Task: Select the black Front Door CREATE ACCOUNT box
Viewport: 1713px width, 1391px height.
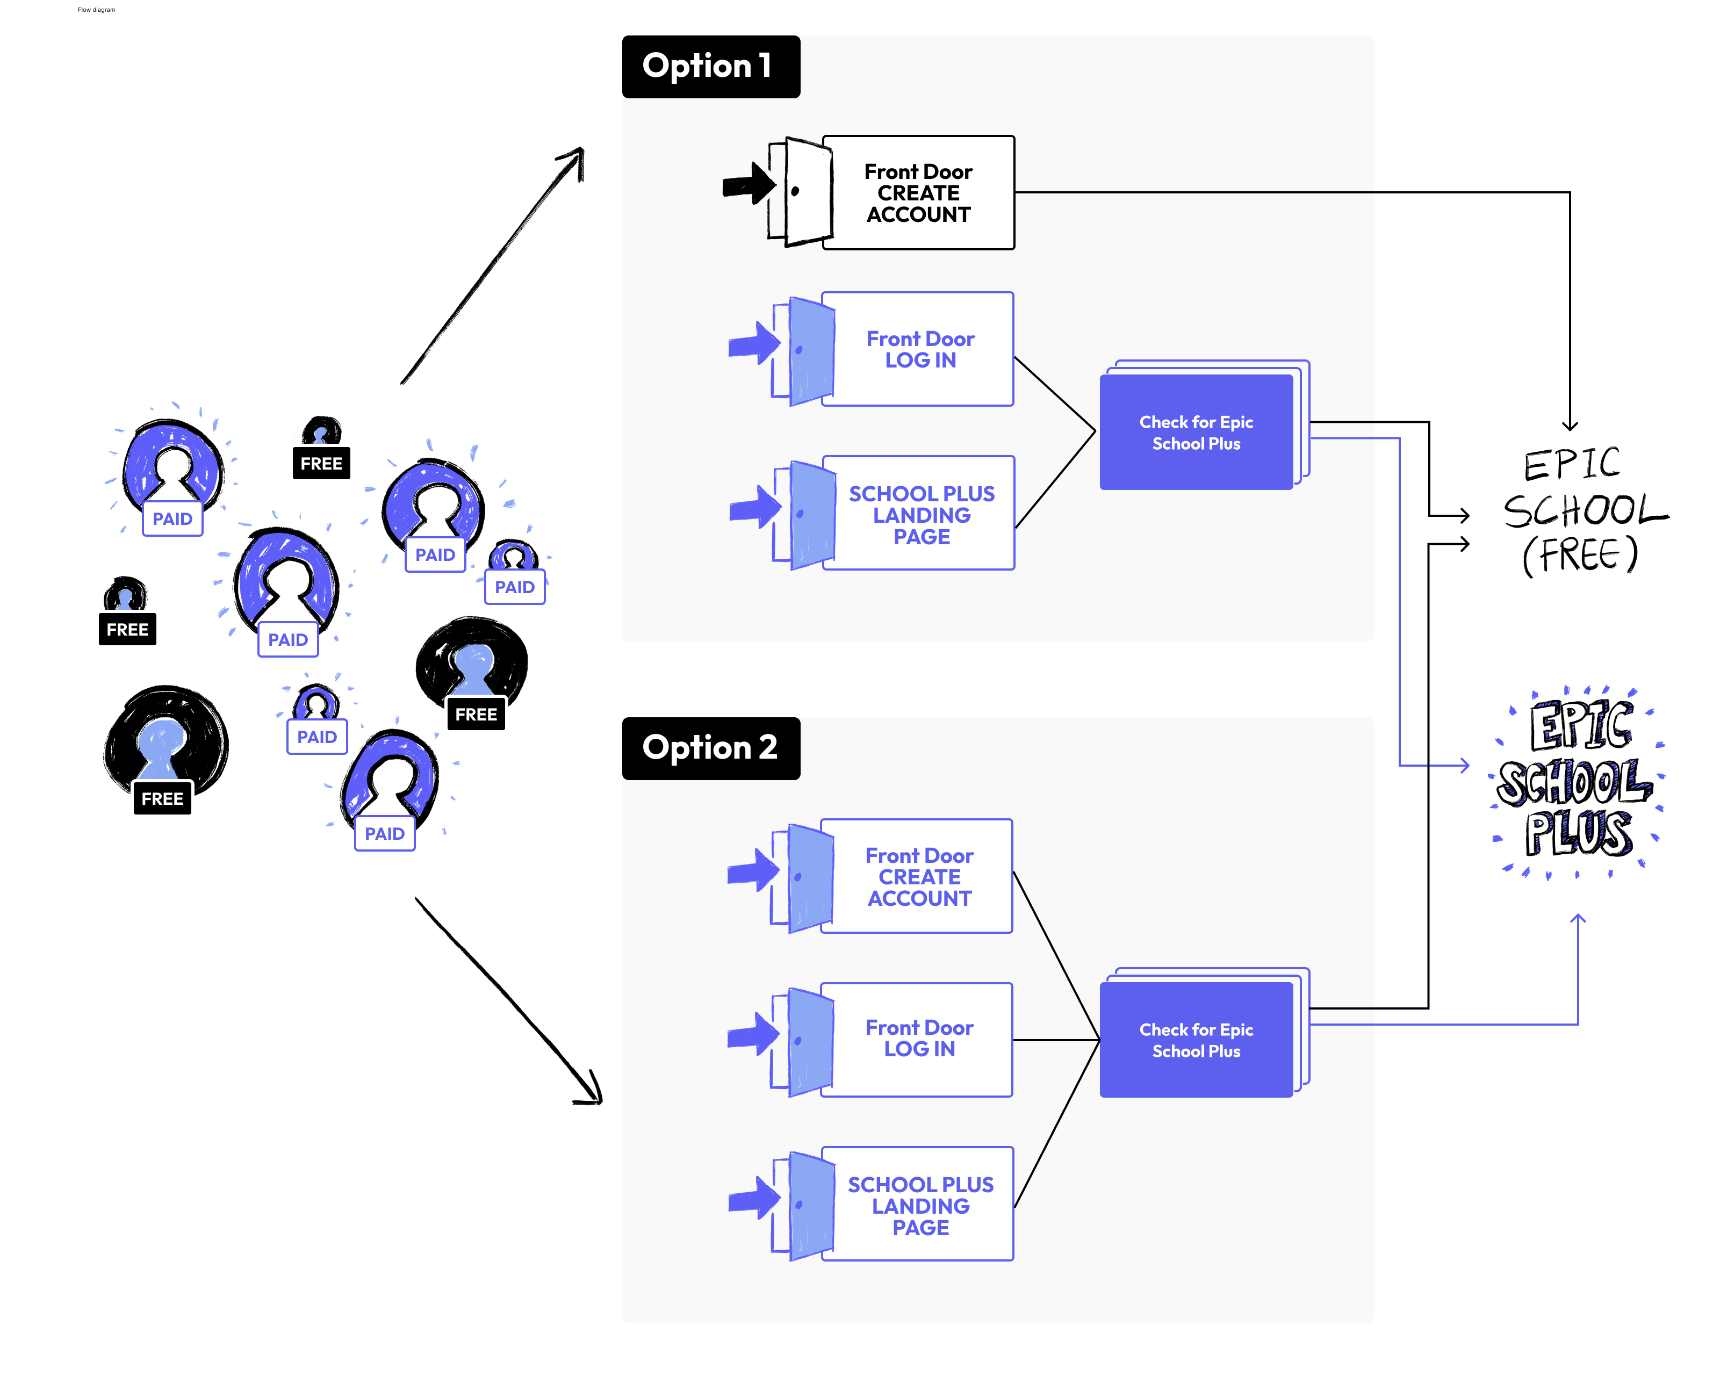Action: [918, 193]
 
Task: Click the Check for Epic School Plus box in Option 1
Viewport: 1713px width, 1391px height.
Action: [1196, 433]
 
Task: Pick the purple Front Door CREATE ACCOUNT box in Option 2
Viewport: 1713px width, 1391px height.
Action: [919, 877]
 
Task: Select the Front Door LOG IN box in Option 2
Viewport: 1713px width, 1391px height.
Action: [919, 1039]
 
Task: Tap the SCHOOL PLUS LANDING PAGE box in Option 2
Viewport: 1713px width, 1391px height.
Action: [920, 1205]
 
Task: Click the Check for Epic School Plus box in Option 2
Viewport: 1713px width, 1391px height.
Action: [1196, 1040]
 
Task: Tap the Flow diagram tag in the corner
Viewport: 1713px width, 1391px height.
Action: [96, 10]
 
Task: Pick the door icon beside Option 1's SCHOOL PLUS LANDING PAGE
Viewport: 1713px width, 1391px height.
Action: [806, 514]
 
